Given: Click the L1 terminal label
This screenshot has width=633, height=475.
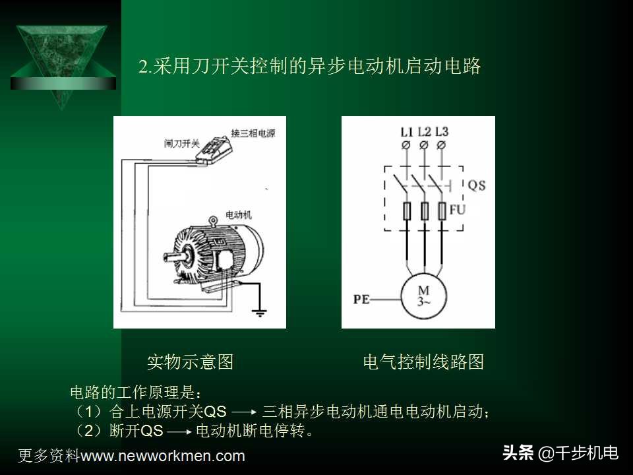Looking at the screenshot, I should pyautogui.click(x=406, y=131).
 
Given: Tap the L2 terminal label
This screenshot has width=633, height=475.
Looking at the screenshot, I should pyautogui.click(x=424, y=131).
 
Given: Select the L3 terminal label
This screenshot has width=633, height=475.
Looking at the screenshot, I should pyautogui.click(x=442, y=131).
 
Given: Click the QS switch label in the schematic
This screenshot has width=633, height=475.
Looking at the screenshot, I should pyautogui.click(x=476, y=185).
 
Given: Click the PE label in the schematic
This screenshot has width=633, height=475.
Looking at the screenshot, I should pyautogui.click(x=361, y=300).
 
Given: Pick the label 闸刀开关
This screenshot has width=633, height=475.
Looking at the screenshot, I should pyautogui.click(x=181, y=142).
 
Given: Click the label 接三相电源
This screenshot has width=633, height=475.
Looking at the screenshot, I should pyautogui.click(x=253, y=133).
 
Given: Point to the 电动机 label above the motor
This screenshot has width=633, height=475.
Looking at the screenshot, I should pyautogui.click(x=238, y=215).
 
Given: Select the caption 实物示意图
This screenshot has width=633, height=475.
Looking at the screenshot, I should pyautogui.click(x=190, y=362).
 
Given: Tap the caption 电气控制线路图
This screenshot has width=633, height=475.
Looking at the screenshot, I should pyautogui.click(x=423, y=362).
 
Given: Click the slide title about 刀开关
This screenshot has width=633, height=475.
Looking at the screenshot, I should pyautogui.click(x=310, y=67).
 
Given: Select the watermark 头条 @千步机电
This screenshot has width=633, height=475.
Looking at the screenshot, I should pyautogui.click(x=560, y=453).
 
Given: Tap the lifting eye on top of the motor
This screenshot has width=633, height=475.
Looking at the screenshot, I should pyautogui.click(x=212, y=221).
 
